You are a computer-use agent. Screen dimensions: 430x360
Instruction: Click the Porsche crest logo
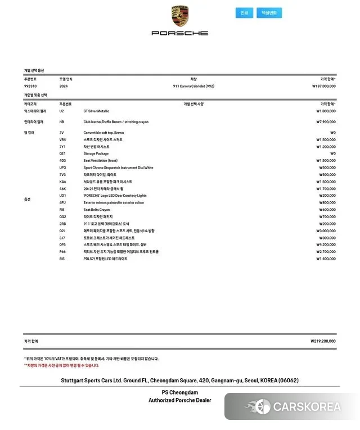tap(180, 16)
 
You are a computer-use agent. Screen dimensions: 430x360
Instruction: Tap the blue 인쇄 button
tap(244, 13)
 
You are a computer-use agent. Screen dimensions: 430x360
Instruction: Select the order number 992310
tap(30, 86)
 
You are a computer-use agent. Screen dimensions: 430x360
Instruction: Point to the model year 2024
tap(63, 86)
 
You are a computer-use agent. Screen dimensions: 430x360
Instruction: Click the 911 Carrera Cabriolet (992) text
tap(193, 86)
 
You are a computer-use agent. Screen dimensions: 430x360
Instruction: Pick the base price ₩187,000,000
tap(324, 86)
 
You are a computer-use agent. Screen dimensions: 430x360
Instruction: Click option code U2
tap(62, 111)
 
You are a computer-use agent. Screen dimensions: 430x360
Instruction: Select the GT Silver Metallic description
tap(96, 111)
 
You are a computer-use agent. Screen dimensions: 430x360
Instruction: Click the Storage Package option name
tap(96, 153)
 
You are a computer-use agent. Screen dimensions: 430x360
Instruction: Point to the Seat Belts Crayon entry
tap(97, 210)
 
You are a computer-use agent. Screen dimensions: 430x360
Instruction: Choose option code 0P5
tap(62, 245)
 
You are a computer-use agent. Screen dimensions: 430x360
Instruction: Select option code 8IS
tap(62, 259)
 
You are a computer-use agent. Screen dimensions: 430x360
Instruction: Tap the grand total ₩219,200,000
tap(323, 341)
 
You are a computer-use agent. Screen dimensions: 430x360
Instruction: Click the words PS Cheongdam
tap(180, 392)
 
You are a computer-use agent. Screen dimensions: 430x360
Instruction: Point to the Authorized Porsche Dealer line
tap(180, 400)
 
